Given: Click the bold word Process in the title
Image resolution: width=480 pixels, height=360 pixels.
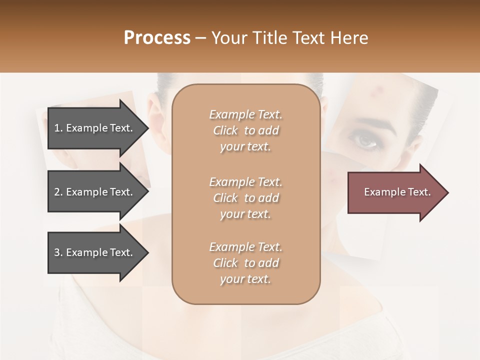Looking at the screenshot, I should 157,38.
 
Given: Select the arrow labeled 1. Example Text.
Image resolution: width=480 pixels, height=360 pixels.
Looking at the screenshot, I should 95,128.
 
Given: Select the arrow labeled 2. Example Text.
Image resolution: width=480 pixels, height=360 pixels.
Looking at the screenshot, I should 95,192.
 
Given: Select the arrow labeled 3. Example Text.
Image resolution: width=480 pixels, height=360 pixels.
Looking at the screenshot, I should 95,252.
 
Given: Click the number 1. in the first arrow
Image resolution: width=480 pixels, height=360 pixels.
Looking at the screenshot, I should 58,128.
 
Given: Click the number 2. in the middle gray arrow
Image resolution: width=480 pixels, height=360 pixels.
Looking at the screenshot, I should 58,192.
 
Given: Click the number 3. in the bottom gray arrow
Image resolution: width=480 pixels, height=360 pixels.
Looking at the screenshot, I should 58,252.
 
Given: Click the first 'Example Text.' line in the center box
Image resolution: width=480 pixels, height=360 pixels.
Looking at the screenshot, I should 246,114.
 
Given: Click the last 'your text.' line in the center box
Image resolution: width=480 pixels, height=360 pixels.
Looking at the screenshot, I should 246,279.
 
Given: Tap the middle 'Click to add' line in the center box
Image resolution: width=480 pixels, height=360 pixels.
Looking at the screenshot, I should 246,198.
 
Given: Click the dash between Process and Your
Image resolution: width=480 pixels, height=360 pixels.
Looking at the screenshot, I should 200,38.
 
